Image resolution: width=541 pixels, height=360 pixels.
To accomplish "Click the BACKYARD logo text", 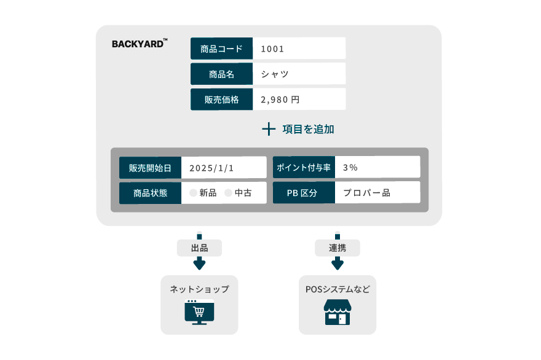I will (x=138, y=44).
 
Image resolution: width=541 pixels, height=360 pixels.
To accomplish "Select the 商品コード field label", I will (x=221, y=49).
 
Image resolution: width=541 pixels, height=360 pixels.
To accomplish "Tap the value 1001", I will (x=272, y=49).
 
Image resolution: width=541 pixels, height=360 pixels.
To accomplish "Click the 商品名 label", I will (x=221, y=74).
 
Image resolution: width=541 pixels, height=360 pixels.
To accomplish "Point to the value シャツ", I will (x=274, y=74).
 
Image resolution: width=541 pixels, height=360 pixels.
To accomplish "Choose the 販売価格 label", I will (x=221, y=100).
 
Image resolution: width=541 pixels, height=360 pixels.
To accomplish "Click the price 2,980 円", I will (x=280, y=100).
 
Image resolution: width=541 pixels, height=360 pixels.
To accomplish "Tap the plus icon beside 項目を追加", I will (x=269, y=129).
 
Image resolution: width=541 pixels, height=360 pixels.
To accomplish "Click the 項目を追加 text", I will (x=308, y=129).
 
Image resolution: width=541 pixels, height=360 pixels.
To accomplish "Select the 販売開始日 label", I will (x=151, y=168).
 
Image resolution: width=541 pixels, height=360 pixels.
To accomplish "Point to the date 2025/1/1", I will (x=211, y=168).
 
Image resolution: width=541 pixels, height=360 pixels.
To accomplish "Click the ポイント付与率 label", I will (x=304, y=168).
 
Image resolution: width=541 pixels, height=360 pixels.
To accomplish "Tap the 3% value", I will (x=350, y=168).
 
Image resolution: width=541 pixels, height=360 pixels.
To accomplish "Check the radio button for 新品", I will (x=193, y=193).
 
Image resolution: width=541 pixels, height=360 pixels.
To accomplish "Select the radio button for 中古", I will (x=228, y=193).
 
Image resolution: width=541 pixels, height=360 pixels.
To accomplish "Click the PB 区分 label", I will (x=304, y=193).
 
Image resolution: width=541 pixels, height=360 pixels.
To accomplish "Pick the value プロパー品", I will (x=366, y=193).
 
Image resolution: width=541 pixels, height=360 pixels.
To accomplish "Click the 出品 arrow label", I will (x=199, y=248).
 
